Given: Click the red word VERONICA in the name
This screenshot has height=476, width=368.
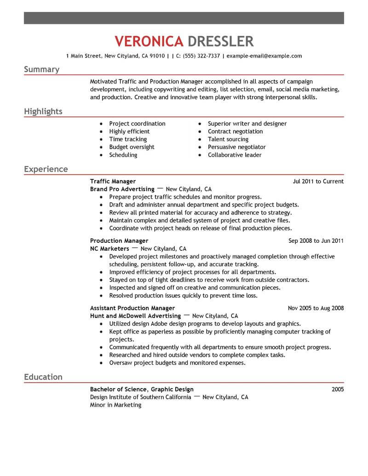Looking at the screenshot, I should [x=148, y=41].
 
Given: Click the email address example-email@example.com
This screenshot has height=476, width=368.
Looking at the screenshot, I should [x=264, y=56].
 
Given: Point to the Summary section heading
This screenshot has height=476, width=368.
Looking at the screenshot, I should [x=41, y=69].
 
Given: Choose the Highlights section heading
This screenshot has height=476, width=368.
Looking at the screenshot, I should [x=43, y=111].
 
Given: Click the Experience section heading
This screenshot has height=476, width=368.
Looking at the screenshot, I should [x=46, y=169].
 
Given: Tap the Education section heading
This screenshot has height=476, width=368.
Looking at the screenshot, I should [x=43, y=377].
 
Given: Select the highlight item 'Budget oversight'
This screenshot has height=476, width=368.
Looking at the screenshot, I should [x=132, y=147].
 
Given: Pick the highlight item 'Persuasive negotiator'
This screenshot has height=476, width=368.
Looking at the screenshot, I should [x=236, y=147].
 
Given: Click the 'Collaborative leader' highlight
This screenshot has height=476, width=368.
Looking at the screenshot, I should [x=235, y=155].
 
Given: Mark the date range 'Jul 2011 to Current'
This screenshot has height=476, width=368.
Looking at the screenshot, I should [x=318, y=181].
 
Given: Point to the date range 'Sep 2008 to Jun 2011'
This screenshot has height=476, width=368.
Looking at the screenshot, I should [x=316, y=241].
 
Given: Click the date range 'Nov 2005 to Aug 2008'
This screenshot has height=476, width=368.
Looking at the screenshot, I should [x=316, y=308].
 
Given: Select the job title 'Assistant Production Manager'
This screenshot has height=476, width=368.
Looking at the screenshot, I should [x=132, y=308].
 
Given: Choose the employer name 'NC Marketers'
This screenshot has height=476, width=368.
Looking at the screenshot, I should [x=109, y=248].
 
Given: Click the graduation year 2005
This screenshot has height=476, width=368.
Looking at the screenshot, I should [x=337, y=390].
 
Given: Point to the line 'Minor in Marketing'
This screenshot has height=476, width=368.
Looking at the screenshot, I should [x=115, y=405].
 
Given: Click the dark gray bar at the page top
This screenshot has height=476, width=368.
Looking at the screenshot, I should [x=184, y=18].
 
